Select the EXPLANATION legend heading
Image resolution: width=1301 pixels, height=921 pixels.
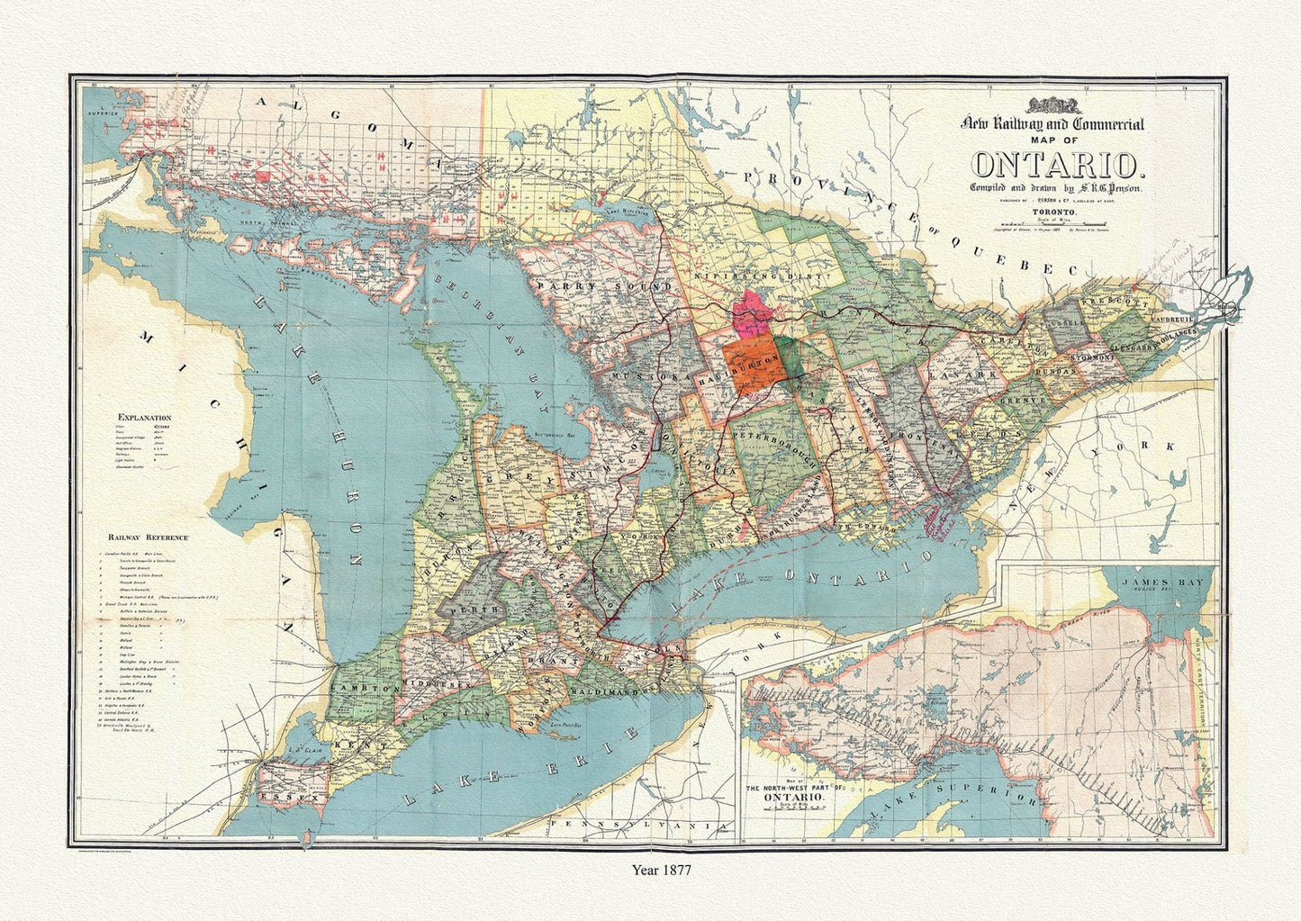144,418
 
